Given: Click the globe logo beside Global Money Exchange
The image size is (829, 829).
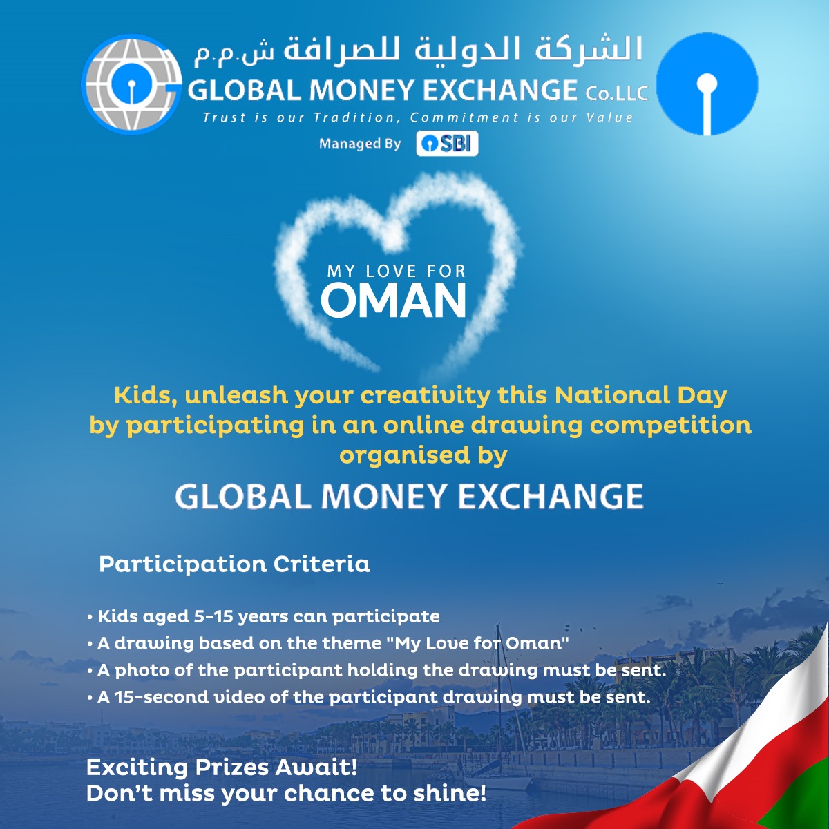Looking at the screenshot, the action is pos(132,84).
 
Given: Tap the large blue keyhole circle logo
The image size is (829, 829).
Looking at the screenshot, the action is pos(707,84).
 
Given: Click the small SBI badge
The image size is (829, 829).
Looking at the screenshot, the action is pos(447,144).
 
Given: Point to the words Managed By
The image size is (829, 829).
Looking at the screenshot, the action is pos(360,144).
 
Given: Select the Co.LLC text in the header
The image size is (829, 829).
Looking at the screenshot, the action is pos(616,93).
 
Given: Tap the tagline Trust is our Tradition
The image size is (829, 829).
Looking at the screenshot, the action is pos(418,117).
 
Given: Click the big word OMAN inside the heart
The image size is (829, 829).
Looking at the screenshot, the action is pos(393,301).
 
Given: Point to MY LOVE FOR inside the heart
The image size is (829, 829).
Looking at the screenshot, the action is pos(397,271).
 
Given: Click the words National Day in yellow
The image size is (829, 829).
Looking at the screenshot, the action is pos(640,395).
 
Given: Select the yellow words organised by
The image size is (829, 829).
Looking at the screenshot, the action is pos(423,456).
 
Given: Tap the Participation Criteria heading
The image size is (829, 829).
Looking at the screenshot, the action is pos(234,564).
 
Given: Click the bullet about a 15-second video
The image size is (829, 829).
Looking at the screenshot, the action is pos(369,697).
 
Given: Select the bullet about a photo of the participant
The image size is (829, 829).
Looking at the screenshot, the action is pos(377,670).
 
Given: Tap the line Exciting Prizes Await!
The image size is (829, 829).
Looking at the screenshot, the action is pos(222,768).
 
